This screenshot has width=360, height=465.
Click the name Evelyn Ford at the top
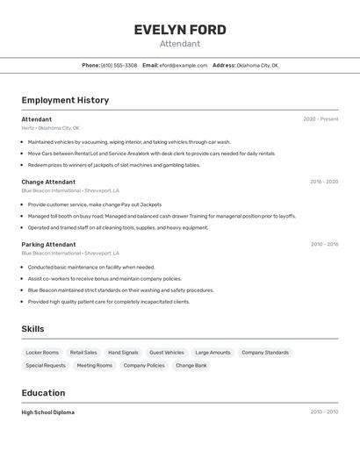click(x=180, y=30)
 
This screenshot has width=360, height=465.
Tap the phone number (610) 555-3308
click(x=119, y=65)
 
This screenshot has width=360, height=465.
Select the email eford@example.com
click(x=184, y=65)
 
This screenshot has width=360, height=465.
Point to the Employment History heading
click(x=65, y=100)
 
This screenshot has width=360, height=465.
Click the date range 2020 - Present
click(x=320, y=119)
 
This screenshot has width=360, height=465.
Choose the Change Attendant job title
click(x=48, y=182)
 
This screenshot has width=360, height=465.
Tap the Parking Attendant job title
click(x=48, y=244)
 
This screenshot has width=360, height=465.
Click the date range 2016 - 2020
click(x=324, y=182)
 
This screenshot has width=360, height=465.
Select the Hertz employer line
click(x=50, y=128)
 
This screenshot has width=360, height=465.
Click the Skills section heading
click(x=33, y=329)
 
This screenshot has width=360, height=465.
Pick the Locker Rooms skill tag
click(x=42, y=353)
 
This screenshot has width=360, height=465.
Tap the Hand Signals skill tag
click(x=123, y=353)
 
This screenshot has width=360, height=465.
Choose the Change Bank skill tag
click(x=191, y=365)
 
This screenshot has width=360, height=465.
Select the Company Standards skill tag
click(x=265, y=353)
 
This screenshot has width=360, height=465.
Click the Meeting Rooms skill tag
click(x=94, y=365)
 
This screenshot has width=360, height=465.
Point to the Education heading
click(x=43, y=393)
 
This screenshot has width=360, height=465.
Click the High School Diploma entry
click(x=47, y=412)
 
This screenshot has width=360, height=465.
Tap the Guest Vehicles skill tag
click(x=167, y=353)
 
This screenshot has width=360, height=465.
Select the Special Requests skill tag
click(x=46, y=365)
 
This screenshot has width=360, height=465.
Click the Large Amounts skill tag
click(x=212, y=353)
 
